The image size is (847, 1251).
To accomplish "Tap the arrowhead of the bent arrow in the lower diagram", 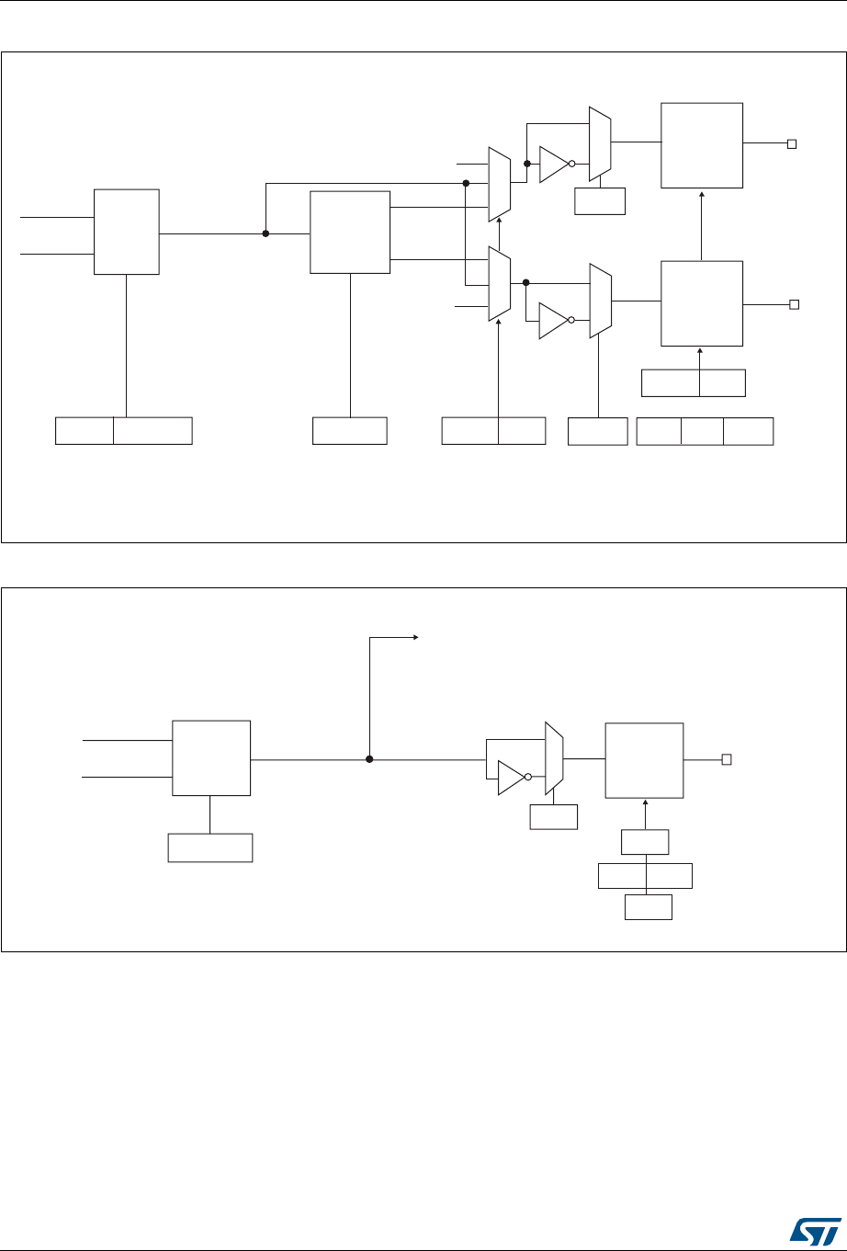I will (x=415, y=636).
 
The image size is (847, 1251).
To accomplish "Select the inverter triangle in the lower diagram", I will (x=510, y=777).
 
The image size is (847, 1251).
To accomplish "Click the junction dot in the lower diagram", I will (x=369, y=759).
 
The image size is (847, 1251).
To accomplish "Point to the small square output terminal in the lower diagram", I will (x=726, y=759).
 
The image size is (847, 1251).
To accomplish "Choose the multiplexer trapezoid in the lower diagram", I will (x=553, y=758).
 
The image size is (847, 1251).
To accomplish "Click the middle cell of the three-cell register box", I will (x=702, y=431).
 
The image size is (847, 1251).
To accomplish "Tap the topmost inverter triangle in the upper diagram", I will (x=553, y=165).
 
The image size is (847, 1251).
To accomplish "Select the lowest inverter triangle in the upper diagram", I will (x=553, y=320).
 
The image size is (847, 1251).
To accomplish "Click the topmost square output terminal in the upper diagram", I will (x=791, y=143).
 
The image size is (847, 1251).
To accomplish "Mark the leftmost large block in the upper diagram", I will (x=127, y=232).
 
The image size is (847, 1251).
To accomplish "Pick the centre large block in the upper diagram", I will (x=350, y=233).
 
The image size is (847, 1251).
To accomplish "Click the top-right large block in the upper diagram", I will (x=702, y=145).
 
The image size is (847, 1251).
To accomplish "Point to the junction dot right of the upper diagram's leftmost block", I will (x=265, y=233).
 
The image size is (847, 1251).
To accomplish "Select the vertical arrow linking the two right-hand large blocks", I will (x=702, y=224).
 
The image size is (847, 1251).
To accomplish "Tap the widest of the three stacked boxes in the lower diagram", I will (x=645, y=876).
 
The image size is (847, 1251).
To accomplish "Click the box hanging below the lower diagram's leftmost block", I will (x=210, y=847).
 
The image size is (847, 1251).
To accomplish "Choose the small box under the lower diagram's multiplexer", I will (x=554, y=817).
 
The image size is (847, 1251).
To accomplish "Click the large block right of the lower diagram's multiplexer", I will (x=644, y=761).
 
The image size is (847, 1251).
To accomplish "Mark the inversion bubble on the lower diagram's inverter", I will (x=528, y=777).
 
